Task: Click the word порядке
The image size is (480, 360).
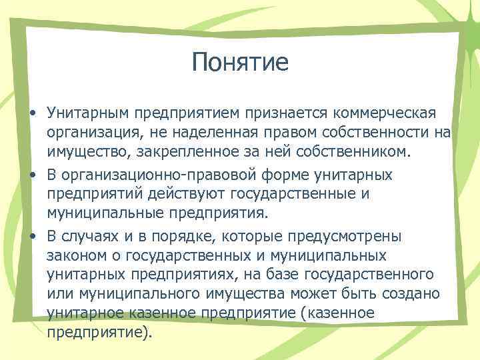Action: (x=175, y=236)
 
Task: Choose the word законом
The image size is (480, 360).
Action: (x=75, y=256)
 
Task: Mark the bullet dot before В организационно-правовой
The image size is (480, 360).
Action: (x=32, y=174)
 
